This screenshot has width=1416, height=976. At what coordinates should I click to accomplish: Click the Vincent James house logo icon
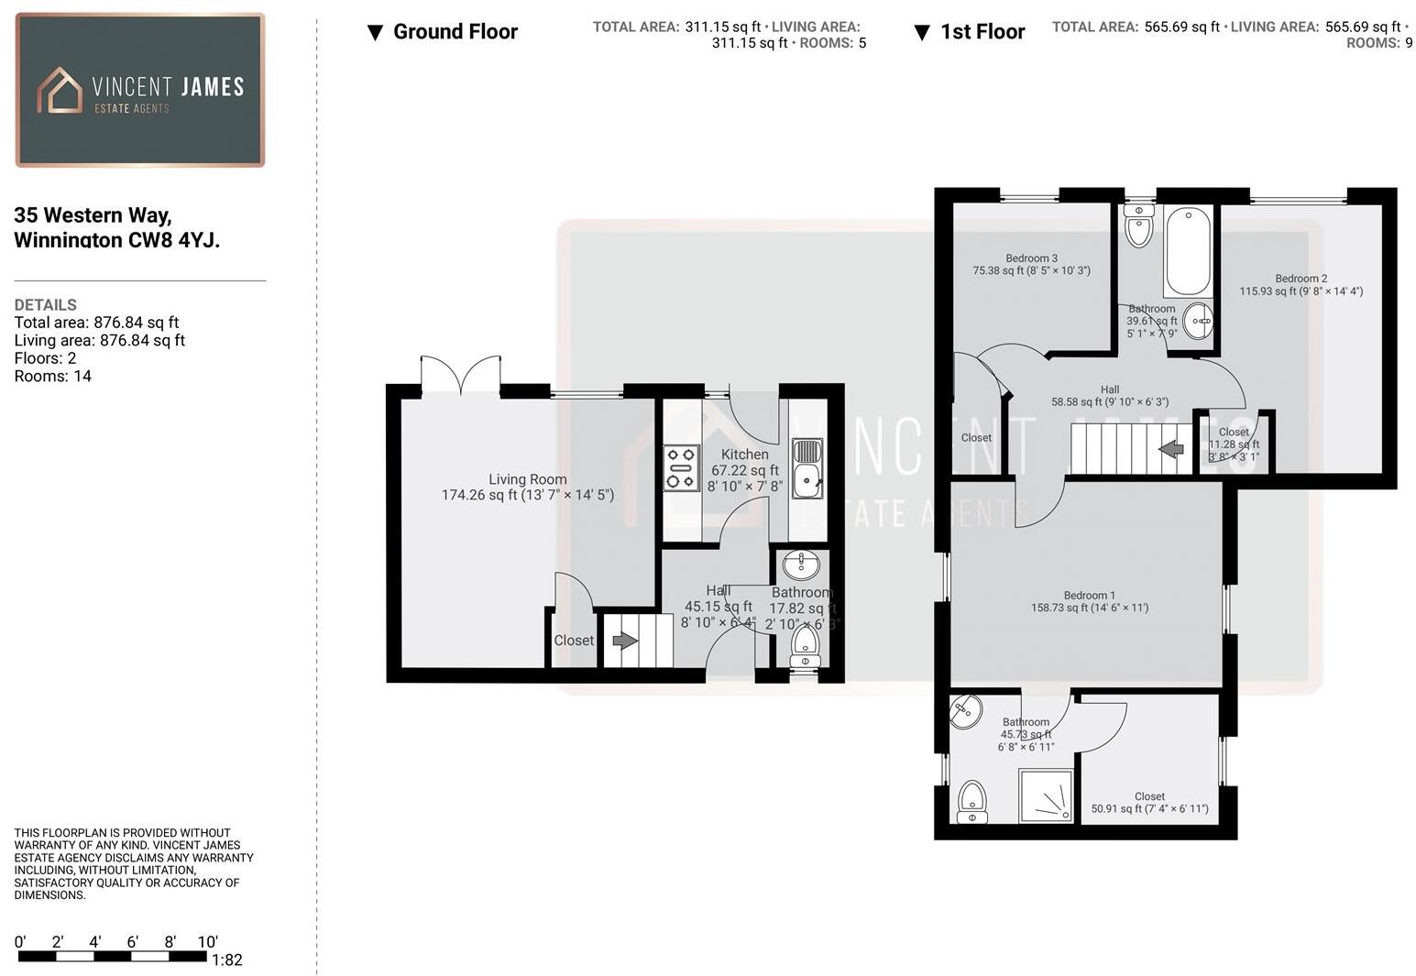click(60, 91)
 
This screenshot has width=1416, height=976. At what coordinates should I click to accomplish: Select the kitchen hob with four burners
click(681, 467)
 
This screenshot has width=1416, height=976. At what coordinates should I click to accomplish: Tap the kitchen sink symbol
click(807, 467)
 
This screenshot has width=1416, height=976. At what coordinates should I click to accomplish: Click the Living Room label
click(527, 479)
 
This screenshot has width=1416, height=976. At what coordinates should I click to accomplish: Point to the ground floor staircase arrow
click(625, 641)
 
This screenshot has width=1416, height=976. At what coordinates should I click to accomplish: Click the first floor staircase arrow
click(1171, 449)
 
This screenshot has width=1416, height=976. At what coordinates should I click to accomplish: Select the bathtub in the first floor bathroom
click(1188, 249)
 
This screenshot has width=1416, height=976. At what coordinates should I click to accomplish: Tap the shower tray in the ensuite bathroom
click(1046, 795)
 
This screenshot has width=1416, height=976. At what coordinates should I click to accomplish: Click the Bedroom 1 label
click(1090, 596)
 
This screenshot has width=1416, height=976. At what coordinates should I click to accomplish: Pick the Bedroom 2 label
click(1301, 279)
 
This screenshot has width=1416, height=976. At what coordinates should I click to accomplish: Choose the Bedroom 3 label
click(1031, 258)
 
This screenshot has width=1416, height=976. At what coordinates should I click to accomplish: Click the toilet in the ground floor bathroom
click(805, 645)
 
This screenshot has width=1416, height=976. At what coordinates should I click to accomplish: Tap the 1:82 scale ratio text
click(226, 960)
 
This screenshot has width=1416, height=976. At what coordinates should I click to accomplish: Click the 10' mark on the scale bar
click(207, 942)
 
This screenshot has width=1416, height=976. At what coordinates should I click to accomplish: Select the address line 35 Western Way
click(93, 215)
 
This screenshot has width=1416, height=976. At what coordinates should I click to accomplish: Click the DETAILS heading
click(46, 305)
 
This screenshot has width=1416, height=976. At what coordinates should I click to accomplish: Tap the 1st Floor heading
click(982, 32)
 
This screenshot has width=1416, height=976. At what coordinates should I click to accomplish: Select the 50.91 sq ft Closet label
click(1149, 797)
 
